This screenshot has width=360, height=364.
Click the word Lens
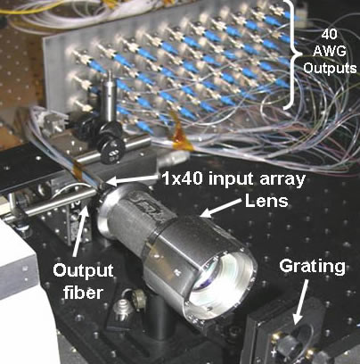pyautogui.click(x=266, y=201)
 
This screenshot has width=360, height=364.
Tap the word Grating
pyautogui.click(x=312, y=266)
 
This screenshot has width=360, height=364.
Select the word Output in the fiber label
pyautogui.click(x=83, y=270)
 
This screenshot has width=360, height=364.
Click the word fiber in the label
pyautogui.click(x=83, y=293)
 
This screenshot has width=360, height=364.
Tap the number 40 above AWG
pyautogui.click(x=330, y=35)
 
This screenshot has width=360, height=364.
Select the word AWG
pyautogui.click(x=330, y=51)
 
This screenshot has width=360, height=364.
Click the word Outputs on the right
pyautogui.click(x=330, y=69)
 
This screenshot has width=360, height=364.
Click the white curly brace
pyautogui.click(x=292, y=55)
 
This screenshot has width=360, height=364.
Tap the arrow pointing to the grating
pyautogui.click(x=301, y=302)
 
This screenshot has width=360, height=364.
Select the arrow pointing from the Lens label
pyautogui.click(x=221, y=207)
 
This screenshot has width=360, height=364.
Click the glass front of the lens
pyautogui.click(x=220, y=279)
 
